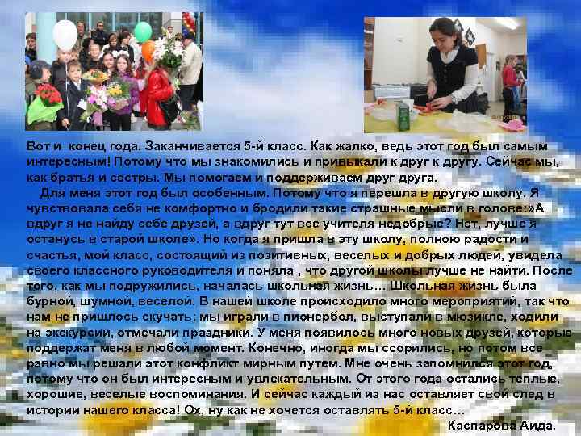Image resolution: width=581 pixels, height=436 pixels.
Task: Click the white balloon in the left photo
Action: (x=65, y=34)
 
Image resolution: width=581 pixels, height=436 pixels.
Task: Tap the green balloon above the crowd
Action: (x=142, y=32)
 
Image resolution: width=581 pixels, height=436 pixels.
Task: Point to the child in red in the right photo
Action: (x=509, y=78)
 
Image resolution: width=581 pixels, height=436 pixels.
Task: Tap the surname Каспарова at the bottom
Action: (x=481, y=425)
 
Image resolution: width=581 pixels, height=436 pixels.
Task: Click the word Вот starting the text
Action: (x=38, y=145)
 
